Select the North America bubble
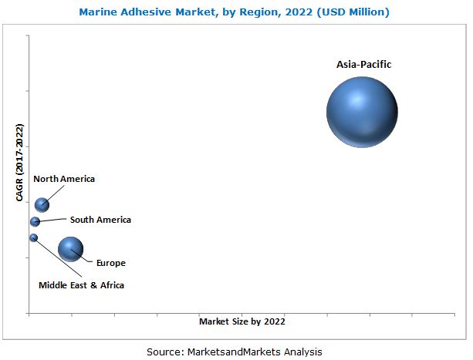42,204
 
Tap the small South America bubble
35,222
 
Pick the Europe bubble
70,249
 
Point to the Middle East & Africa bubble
33,237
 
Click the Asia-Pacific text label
363,65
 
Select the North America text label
64,179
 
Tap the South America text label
100,220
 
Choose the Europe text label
110,263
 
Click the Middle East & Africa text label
81,285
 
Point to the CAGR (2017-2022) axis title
19,167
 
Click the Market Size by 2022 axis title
242,321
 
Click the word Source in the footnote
164,352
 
